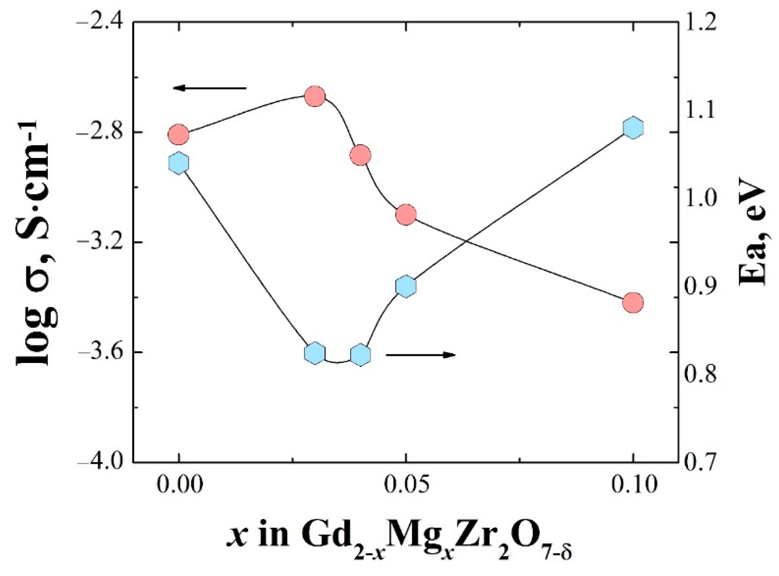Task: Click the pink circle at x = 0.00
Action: point(179,134)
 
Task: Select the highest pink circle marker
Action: point(315,96)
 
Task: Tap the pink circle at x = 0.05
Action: point(406,215)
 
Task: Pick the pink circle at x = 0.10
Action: point(633,302)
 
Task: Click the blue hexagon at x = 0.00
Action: point(179,163)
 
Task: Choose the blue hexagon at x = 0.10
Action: point(633,128)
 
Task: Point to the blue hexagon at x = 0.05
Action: point(406,286)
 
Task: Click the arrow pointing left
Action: point(209,88)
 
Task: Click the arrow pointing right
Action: point(420,355)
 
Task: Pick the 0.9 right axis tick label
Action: point(700,286)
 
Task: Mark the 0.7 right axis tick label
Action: point(700,463)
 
